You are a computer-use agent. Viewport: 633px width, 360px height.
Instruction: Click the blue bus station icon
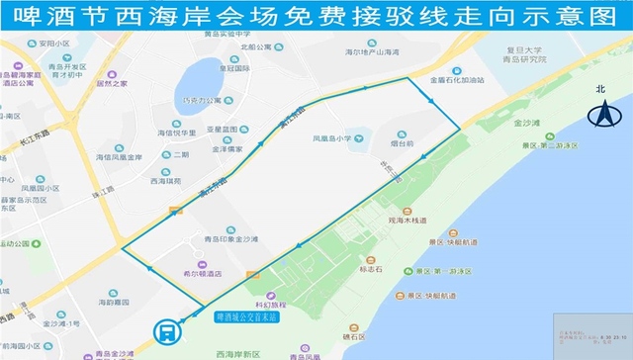tap(167, 332)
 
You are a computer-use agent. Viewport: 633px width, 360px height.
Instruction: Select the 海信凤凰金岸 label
tap(120, 156)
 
